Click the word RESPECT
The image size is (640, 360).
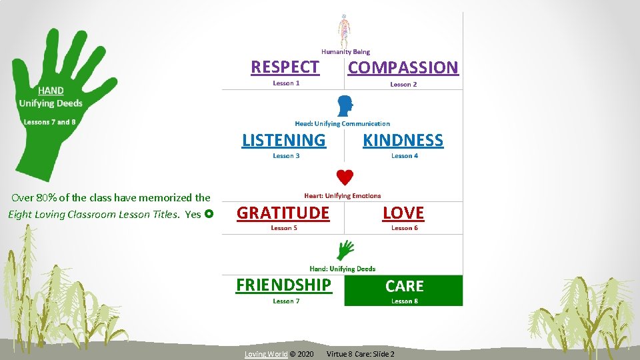click(x=285, y=67)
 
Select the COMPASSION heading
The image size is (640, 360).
click(x=403, y=67)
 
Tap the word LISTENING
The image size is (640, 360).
click(x=284, y=140)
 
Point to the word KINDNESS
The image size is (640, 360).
click(x=403, y=140)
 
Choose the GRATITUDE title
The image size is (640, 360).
click(x=283, y=213)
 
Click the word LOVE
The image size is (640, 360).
click(x=403, y=213)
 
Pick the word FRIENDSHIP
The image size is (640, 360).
click(x=283, y=285)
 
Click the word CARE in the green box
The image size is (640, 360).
click(x=404, y=286)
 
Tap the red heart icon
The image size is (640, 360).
click(x=345, y=177)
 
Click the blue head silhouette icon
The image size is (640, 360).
click(x=345, y=105)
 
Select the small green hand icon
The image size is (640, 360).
click(x=345, y=250)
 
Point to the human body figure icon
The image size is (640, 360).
click(x=343, y=30)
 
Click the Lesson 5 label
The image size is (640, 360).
click(x=284, y=228)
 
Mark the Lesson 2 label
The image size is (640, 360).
click(x=403, y=85)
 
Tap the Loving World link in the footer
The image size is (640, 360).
click(x=266, y=354)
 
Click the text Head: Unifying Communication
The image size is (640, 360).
click(x=342, y=123)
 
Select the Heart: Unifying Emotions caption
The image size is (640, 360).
click(x=342, y=196)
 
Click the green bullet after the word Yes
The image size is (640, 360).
click(x=209, y=215)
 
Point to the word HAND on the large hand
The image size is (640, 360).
click(x=51, y=91)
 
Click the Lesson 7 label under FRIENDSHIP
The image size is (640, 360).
click(x=286, y=301)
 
